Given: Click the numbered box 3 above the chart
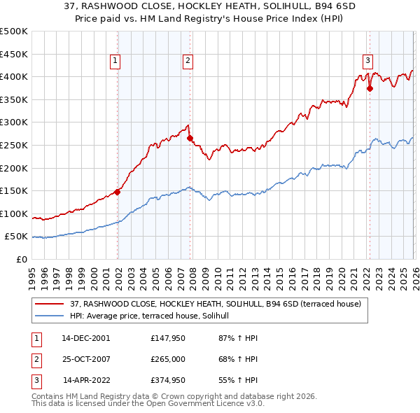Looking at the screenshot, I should [x=368, y=60].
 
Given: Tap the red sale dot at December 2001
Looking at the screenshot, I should [x=118, y=192].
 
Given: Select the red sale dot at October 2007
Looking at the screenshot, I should [x=190, y=139].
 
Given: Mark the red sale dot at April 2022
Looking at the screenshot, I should [x=370, y=88].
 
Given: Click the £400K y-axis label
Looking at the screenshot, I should [x=14, y=76].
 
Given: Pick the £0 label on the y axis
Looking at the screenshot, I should [x=20, y=259].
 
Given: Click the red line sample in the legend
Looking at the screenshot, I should [x=50, y=304].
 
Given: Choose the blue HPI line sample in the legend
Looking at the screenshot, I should [x=50, y=316].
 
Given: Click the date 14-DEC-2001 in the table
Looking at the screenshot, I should [x=86, y=337].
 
